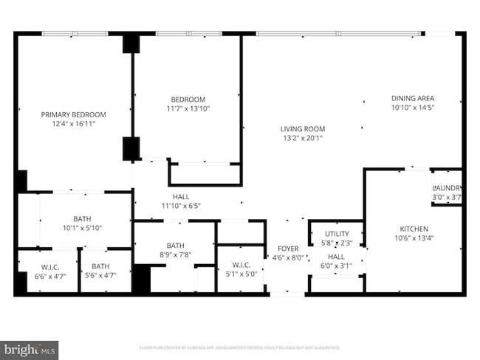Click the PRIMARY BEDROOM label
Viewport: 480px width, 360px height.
(73, 114)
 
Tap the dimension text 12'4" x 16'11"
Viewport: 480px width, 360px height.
(73, 124)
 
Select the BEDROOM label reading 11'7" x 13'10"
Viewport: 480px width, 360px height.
(188, 100)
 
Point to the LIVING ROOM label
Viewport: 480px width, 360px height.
(304, 128)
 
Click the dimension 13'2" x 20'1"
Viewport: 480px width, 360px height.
(304, 138)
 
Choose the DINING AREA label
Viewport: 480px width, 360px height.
(412, 98)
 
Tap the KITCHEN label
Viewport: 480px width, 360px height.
(414, 229)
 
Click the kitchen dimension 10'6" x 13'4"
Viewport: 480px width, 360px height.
(414, 238)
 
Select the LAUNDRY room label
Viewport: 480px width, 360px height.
(447, 188)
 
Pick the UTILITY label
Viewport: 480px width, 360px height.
(337, 234)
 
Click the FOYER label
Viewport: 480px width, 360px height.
(287, 249)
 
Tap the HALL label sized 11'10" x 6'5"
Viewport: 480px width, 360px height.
(181, 197)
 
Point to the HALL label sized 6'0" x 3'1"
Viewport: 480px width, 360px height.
(337, 257)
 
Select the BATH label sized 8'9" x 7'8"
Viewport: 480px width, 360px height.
(175, 246)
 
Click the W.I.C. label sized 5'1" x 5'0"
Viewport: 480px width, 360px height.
(241, 265)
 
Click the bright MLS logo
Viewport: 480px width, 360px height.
(30, 347)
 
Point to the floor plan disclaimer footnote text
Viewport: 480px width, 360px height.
(239, 347)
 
